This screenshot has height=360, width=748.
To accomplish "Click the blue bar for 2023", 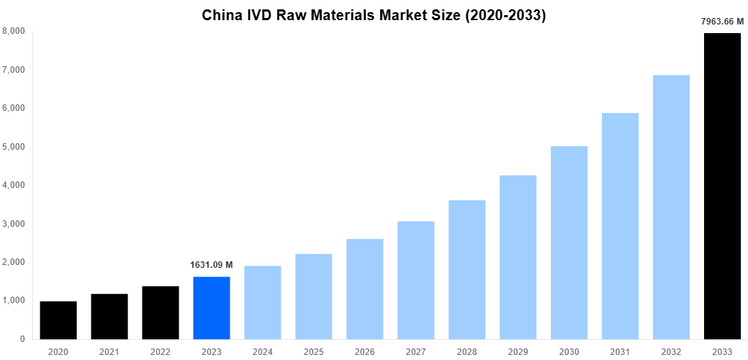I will point(212,307).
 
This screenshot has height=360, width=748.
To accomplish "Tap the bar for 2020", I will point(58,320).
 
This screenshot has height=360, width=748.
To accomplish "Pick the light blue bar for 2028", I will point(467,269).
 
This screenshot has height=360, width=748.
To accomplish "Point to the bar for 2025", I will point(313,296).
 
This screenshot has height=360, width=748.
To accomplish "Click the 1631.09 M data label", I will point(212,265).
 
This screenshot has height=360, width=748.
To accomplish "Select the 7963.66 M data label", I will point(722,22).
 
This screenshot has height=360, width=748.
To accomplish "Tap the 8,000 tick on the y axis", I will point(14,32).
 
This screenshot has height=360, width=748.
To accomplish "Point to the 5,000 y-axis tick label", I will point(14,147).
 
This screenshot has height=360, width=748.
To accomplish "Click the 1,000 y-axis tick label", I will point(14,300).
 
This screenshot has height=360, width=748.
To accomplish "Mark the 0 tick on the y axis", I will point(22,339).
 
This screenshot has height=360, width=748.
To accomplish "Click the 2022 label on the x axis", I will point(161,351).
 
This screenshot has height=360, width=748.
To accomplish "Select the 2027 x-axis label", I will point(415,351).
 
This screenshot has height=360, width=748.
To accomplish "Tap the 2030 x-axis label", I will point(569,351).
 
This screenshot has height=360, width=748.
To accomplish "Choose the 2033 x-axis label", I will point(722,351).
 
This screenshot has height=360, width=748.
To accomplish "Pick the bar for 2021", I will point(109,316).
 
